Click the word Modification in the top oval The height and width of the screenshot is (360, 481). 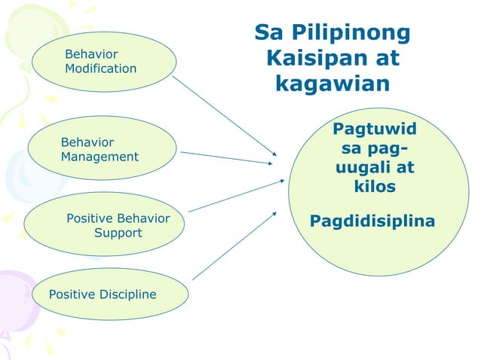tap(100, 69)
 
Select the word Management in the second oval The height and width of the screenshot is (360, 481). tap(100, 157)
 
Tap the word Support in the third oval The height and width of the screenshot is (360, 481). tap(118, 233)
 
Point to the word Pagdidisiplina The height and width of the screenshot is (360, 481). tap(372, 221)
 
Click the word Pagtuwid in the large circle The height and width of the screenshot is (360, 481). tap(374, 130)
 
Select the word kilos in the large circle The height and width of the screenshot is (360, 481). tap(375, 185)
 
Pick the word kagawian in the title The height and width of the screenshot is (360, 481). tap(332, 83)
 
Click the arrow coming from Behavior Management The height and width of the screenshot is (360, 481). tap(226, 157)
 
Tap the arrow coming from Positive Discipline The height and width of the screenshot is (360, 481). tap(234, 246)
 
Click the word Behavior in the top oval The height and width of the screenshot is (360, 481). tap(91, 54)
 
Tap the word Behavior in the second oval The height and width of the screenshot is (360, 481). tap(87, 142)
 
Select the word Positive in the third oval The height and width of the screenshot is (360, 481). tap(90, 218)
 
